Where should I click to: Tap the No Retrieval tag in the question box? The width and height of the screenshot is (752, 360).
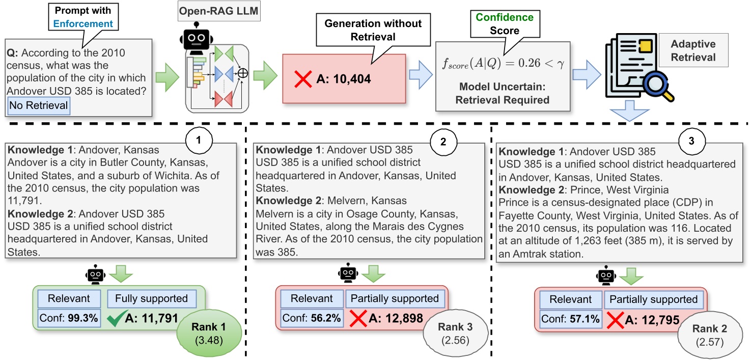tap(38, 106)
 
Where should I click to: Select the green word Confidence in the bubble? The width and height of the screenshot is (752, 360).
tap(505, 17)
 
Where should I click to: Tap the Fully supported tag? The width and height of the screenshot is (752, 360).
tap(151, 298)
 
